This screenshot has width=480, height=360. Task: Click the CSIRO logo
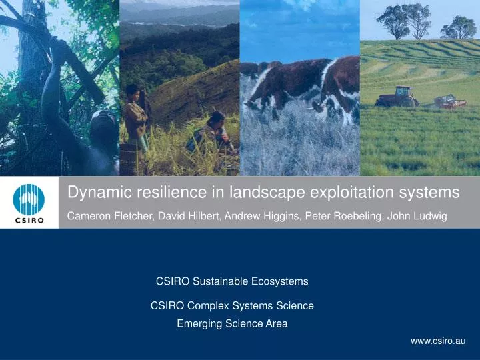pyautogui.click(x=29, y=203)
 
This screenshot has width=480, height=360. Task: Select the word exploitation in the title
pyautogui.click(x=353, y=193)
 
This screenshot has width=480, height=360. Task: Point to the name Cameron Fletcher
pyautogui.click(x=109, y=217)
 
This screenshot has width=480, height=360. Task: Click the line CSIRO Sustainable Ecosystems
pyautogui.click(x=232, y=281)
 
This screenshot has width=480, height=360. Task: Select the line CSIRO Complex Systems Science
pyautogui.click(x=232, y=306)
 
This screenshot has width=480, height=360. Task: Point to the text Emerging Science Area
pyautogui.click(x=232, y=324)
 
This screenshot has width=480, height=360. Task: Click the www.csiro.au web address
pyautogui.click(x=438, y=341)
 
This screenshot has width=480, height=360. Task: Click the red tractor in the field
pyautogui.click(x=397, y=97)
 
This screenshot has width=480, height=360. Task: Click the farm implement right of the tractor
pyautogui.click(x=450, y=101)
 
